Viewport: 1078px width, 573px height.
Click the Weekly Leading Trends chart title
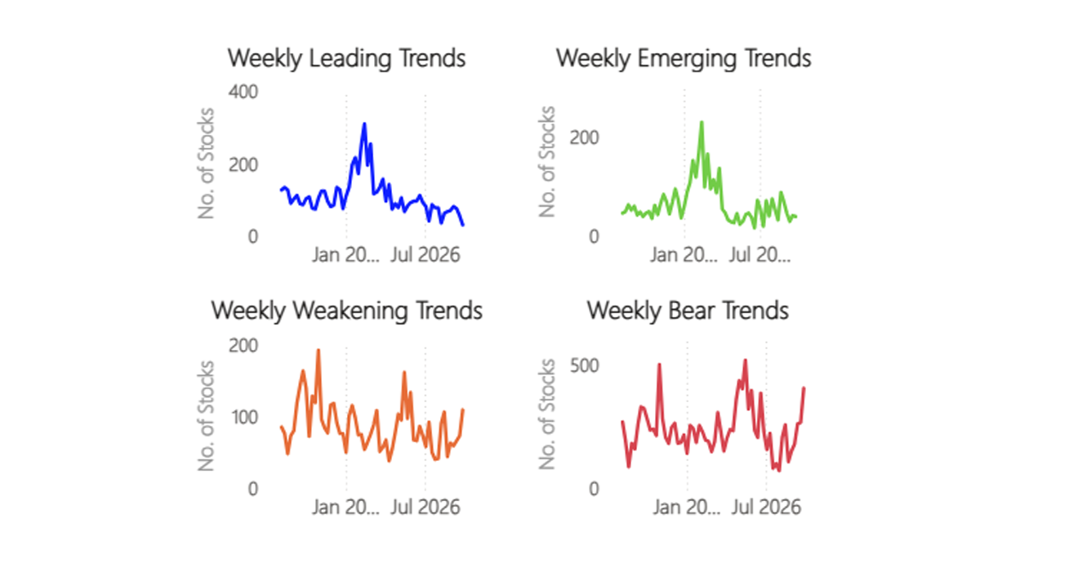click(x=346, y=59)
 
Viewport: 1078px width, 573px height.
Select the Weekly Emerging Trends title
click(x=684, y=59)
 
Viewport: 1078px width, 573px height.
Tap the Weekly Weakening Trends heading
click(x=346, y=311)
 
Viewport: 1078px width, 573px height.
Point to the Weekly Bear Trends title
click(x=688, y=311)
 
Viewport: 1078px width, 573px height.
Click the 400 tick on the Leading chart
click(x=243, y=92)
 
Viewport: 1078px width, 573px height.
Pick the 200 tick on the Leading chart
click(x=243, y=165)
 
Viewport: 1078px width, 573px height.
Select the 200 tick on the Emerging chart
click(x=584, y=137)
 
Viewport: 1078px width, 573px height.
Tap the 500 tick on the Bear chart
click(x=584, y=366)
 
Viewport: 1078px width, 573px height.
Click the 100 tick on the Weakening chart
click(x=244, y=417)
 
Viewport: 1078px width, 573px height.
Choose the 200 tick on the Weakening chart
click(x=243, y=346)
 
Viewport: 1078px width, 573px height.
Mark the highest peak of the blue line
click(x=364, y=123)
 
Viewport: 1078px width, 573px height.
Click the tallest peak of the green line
click(x=702, y=122)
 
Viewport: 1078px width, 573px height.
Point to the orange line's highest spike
click(x=318, y=350)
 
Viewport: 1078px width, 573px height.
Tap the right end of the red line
click(x=804, y=387)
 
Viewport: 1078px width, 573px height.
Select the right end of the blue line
click(x=463, y=225)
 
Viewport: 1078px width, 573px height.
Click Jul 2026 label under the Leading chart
click(x=425, y=255)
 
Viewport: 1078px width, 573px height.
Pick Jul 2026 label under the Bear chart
click(x=766, y=507)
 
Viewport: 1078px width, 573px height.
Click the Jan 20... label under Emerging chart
click(x=684, y=255)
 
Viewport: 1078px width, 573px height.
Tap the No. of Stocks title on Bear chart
click(x=546, y=414)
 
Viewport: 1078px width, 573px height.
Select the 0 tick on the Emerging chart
click(x=594, y=236)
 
